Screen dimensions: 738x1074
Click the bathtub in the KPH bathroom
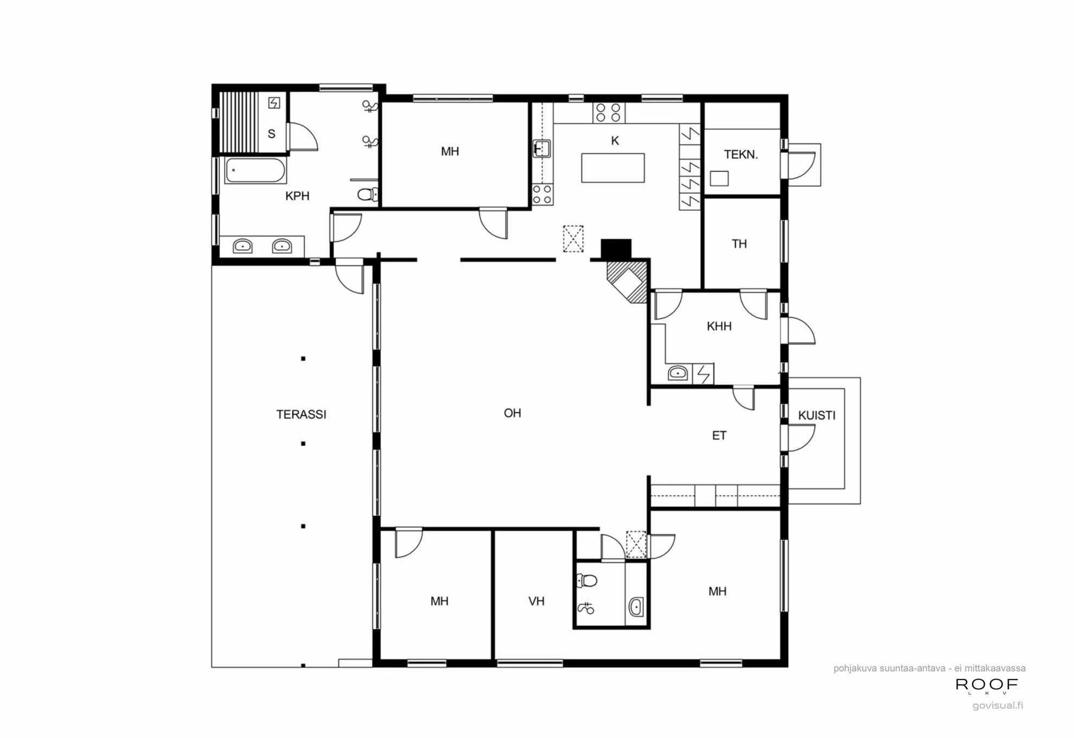click(x=255, y=171)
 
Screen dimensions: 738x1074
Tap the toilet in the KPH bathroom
click(x=368, y=194)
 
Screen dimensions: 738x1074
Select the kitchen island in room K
click(x=612, y=168)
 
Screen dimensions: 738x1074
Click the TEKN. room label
click(x=740, y=154)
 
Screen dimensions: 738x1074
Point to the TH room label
click(x=739, y=244)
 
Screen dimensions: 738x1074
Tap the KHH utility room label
click(x=719, y=326)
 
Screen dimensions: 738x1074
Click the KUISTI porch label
click(x=816, y=416)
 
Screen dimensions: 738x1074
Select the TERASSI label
click(x=301, y=415)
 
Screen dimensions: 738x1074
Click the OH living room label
click(x=512, y=413)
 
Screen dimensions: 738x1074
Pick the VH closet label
click(x=536, y=601)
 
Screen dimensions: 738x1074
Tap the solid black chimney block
click(x=616, y=248)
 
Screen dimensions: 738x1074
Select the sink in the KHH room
click(x=677, y=373)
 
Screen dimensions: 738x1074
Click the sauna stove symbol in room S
click(x=274, y=102)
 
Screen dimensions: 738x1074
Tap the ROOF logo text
click(x=986, y=685)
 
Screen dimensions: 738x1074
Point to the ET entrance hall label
click(x=719, y=436)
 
